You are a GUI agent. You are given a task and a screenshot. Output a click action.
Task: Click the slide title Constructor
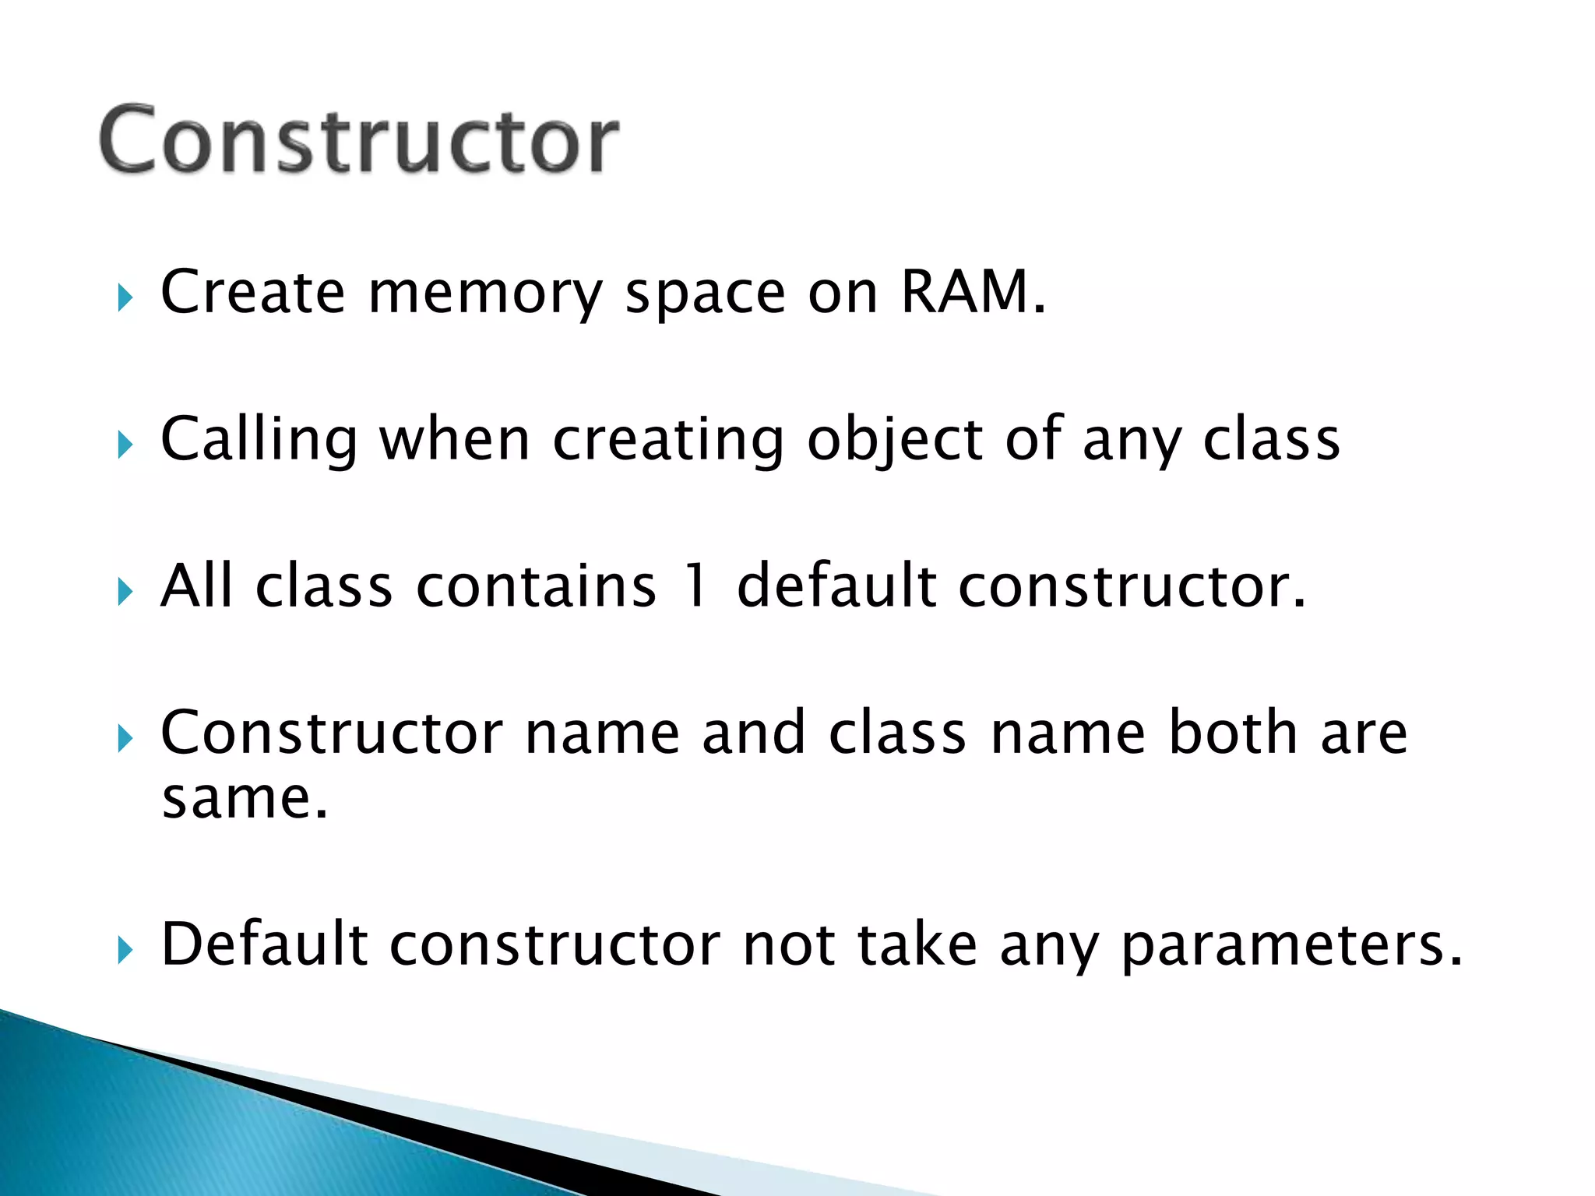[x=359, y=140]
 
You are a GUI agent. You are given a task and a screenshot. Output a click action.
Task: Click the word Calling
[x=259, y=441]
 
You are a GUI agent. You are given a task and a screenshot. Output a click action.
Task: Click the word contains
[x=536, y=586]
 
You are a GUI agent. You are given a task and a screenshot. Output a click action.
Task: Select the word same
[x=245, y=799]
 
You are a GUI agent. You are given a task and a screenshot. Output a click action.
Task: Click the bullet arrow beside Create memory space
[x=125, y=297]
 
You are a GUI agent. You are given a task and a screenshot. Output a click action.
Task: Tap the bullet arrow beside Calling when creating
[x=125, y=445]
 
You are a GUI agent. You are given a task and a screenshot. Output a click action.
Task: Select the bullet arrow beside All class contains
[x=125, y=592]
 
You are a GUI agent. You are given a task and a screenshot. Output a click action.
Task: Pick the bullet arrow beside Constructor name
[x=125, y=738]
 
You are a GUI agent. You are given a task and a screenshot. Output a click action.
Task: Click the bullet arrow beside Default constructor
[x=125, y=950]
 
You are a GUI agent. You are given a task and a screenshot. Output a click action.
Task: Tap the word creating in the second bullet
[x=667, y=441]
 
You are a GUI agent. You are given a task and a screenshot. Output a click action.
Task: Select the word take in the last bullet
[x=917, y=944]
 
